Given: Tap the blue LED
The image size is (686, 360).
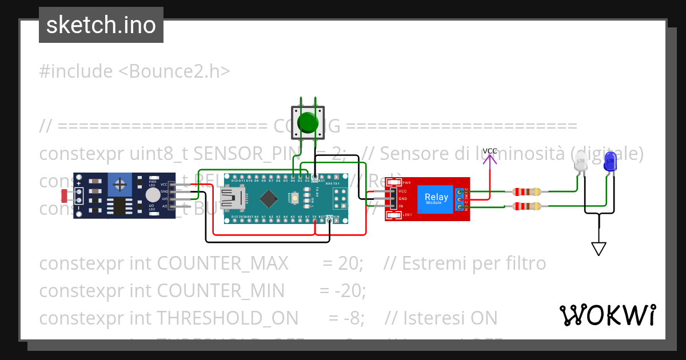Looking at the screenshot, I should click(610, 162).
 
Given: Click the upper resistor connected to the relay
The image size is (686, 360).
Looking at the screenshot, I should click(527, 192).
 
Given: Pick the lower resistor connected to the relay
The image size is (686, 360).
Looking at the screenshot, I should click(527, 206).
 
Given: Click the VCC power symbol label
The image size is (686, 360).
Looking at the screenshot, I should click(490, 151).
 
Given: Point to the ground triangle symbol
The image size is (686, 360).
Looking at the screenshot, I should click(599, 249).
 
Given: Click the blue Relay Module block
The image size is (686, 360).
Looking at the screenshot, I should click(436, 199).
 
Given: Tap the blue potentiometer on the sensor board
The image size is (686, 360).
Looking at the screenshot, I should click(120, 184).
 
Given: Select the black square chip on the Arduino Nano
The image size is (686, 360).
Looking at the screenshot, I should click(268, 198).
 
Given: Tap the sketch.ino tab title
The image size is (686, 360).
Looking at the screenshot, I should click(101, 25).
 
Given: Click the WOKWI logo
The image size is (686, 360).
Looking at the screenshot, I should click(607, 315).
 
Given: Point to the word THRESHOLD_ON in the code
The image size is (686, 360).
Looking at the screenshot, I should click(228, 317).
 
